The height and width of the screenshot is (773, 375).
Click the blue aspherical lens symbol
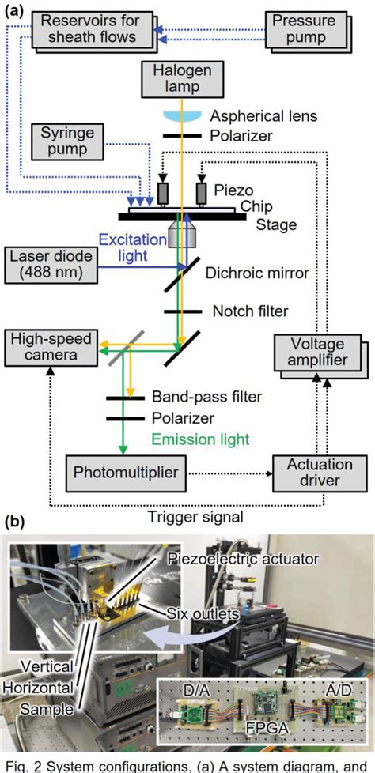click(177, 115)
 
